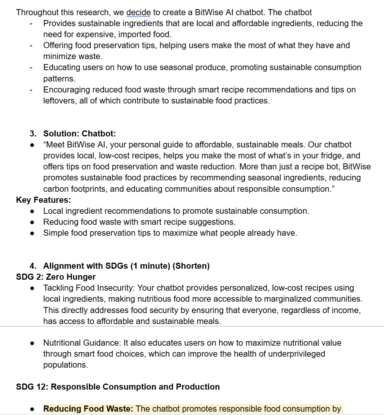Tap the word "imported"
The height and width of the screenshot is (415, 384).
(136, 34)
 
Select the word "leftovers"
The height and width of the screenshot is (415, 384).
(59, 101)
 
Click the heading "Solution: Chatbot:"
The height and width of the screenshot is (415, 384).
(80, 133)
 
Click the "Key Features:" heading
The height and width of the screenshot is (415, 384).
(43, 200)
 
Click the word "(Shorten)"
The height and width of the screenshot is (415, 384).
(191, 266)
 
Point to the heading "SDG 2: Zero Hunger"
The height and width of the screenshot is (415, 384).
(56, 277)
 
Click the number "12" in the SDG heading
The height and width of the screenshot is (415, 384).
(42, 387)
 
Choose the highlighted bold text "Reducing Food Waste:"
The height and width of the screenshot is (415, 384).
(88, 409)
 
